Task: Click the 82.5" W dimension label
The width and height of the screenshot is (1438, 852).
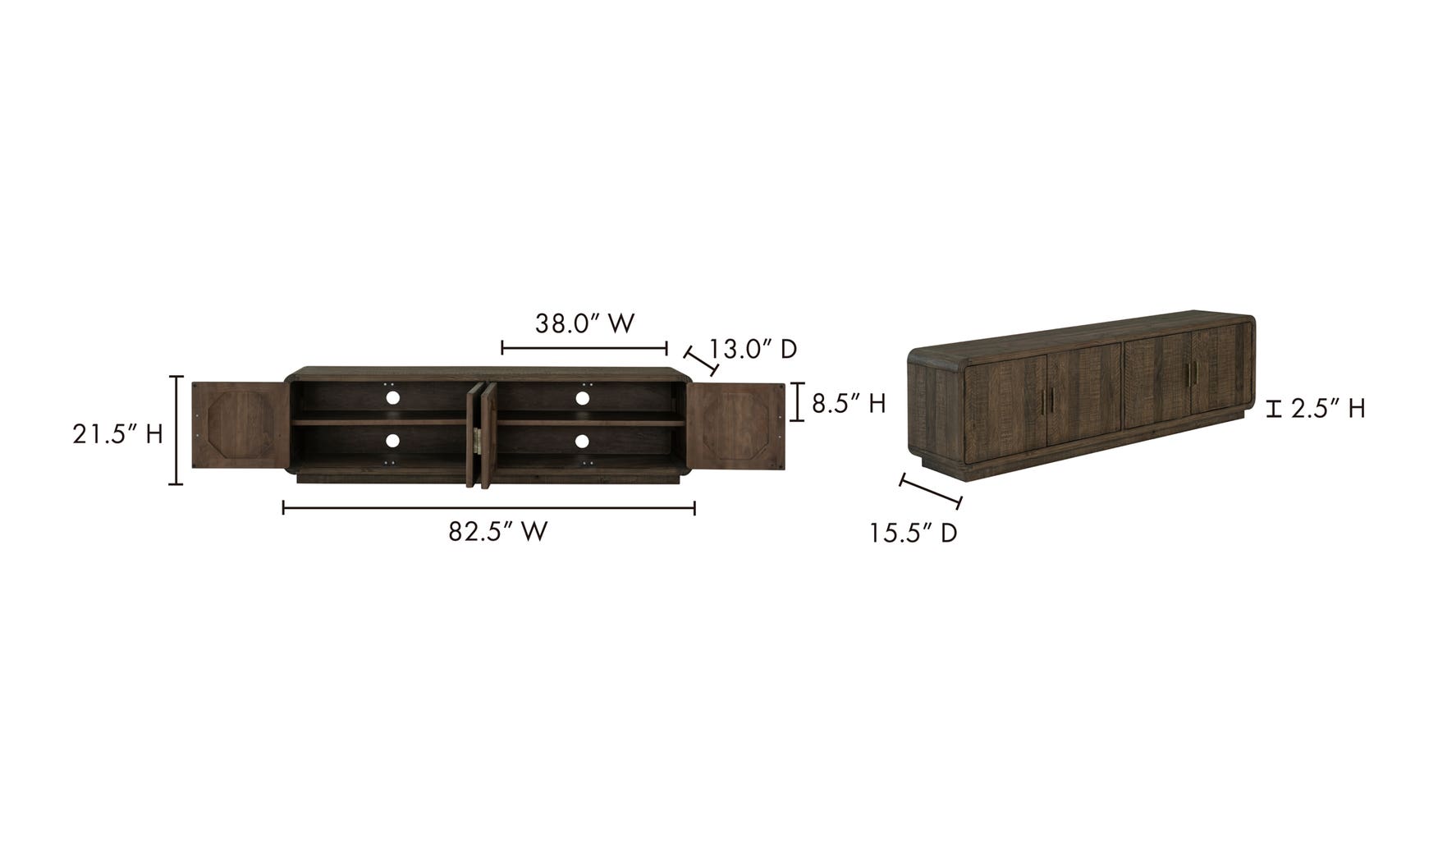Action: (497, 532)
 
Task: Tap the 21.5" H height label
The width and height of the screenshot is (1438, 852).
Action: (117, 434)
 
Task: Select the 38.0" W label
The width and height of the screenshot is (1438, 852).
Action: (585, 323)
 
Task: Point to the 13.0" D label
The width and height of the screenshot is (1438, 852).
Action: (753, 350)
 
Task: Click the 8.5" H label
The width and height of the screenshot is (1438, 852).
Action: (849, 404)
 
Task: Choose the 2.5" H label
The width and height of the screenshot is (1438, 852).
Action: (1328, 409)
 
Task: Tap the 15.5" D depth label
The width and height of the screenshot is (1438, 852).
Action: (914, 534)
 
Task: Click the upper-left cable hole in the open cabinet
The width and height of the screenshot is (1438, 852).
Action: (392, 398)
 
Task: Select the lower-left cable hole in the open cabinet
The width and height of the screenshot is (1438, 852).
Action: (392, 442)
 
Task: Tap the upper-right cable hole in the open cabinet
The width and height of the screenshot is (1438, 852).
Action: (582, 398)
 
